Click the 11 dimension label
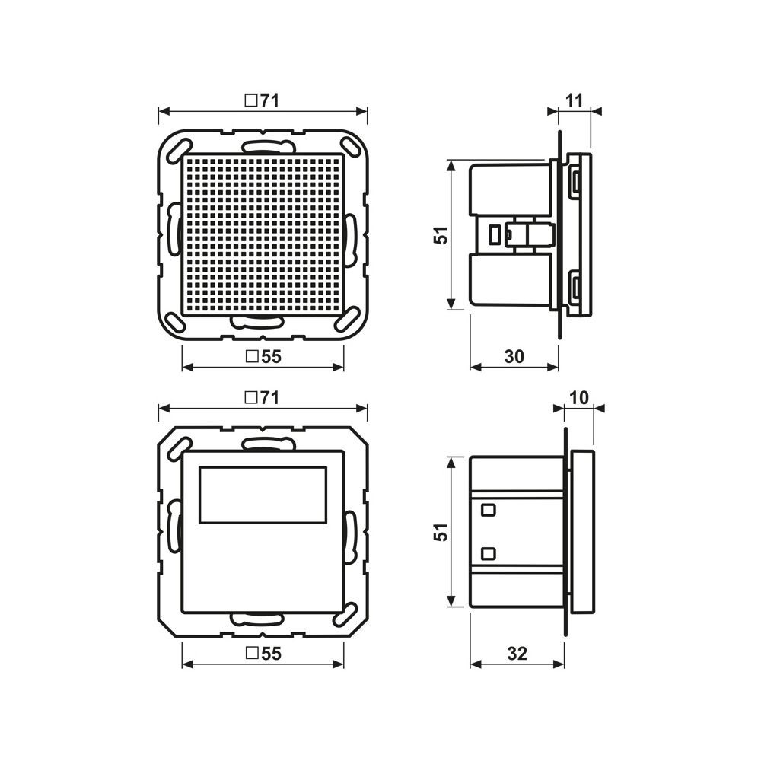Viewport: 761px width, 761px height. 574,101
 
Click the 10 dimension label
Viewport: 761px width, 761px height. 578,398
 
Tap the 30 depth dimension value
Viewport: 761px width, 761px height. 514,357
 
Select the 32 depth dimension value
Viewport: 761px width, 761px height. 517,654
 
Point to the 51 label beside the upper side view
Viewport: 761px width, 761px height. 441,235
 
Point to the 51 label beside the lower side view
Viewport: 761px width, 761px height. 441,532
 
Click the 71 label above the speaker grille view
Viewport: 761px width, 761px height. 269,101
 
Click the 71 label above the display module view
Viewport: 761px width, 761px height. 269,398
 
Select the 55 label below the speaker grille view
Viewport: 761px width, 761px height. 272,357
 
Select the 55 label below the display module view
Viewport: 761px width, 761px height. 272,654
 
